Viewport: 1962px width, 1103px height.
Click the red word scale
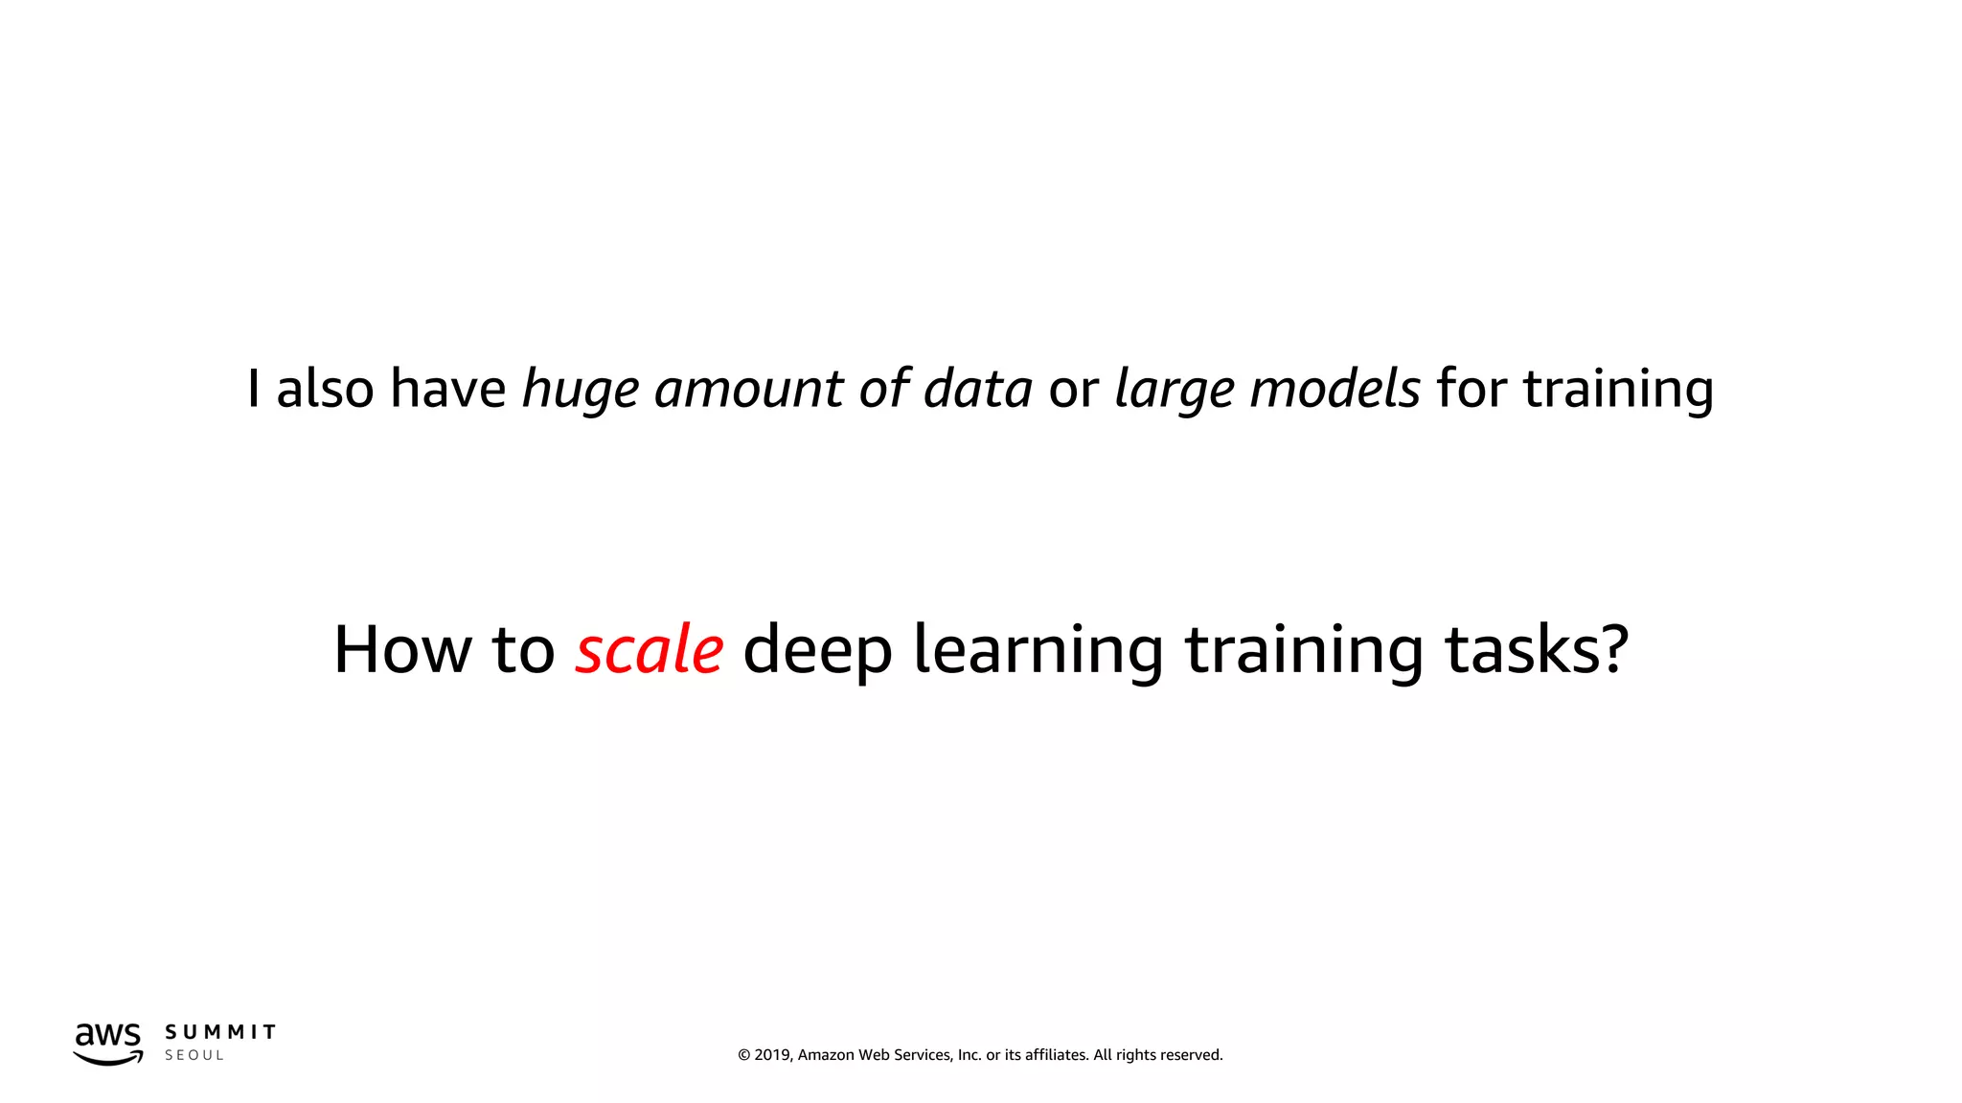(x=649, y=650)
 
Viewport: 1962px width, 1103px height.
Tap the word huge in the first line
(x=580, y=391)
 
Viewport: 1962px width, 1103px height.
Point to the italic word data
(x=977, y=389)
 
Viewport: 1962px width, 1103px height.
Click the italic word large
(x=1174, y=391)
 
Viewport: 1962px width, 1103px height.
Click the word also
(x=325, y=389)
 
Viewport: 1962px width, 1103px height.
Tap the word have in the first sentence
(x=447, y=389)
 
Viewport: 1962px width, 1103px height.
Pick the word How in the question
(x=401, y=650)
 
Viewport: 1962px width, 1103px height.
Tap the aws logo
(x=108, y=1043)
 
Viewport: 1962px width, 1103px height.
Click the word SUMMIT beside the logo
(x=220, y=1032)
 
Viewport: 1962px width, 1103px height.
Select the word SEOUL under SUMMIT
(x=194, y=1055)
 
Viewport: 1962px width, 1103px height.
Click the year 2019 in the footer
(x=773, y=1055)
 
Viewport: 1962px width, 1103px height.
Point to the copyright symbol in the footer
(x=743, y=1055)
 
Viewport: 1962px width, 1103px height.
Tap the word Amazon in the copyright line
(x=826, y=1055)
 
